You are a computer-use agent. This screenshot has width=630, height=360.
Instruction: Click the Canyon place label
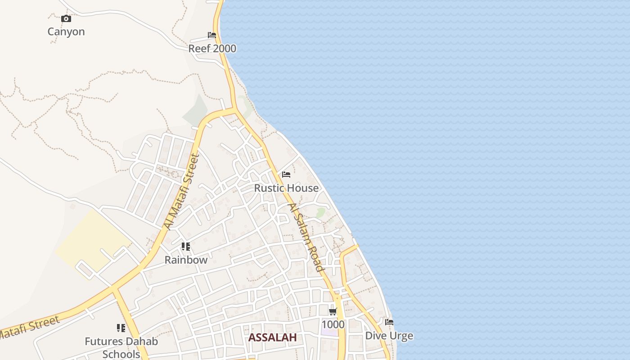coord(66,31)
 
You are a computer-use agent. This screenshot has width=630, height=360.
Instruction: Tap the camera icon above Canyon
coord(66,18)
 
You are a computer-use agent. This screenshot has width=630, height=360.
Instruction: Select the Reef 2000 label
coord(212,49)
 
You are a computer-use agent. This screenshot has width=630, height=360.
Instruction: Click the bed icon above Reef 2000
coord(212,35)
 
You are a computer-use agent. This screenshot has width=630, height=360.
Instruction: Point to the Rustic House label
coord(286,188)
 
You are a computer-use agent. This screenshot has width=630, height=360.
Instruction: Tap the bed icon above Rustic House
coord(286,175)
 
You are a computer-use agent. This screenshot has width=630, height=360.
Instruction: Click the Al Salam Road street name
coord(306,237)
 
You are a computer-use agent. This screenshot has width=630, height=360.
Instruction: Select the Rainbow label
coord(186,260)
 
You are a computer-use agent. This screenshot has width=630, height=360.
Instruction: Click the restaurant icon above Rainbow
coord(186,247)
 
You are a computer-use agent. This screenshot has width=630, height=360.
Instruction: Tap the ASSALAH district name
coord(273,337)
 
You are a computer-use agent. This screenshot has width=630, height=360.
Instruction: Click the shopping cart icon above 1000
coord(333,311)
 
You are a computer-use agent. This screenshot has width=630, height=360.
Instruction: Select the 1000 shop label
coord(333,324)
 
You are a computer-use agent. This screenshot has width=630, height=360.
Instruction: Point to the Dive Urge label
coord(389,336)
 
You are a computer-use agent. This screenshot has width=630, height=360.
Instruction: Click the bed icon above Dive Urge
coord(389,322)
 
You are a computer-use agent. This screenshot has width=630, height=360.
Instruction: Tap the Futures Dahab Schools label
coord(121,347)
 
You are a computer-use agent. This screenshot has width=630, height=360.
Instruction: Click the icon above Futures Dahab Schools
coord(121,328)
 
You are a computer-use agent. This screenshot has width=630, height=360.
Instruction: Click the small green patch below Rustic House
coord(320,212)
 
